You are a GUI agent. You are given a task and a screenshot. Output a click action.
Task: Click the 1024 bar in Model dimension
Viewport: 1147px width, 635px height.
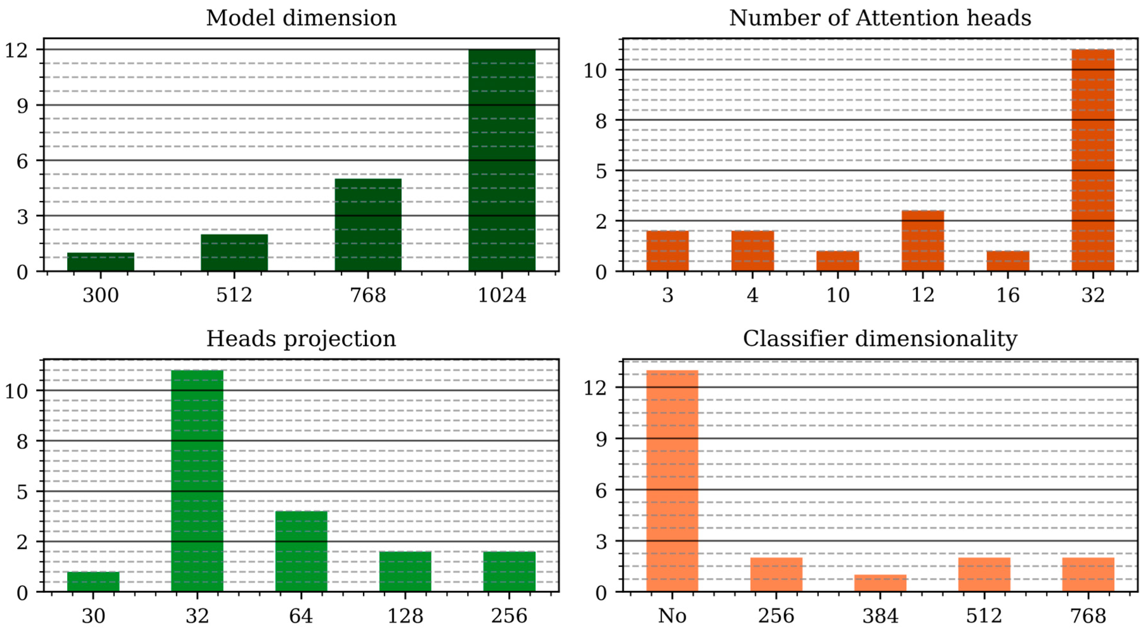click(502, 160)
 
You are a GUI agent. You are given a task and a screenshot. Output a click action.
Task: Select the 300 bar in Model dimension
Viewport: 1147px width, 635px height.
click(101, 262)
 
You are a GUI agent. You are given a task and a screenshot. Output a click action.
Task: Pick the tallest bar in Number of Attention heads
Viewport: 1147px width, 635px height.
click(1093, 160)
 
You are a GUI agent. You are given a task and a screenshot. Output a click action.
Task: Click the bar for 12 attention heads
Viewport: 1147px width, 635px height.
click(923, 241)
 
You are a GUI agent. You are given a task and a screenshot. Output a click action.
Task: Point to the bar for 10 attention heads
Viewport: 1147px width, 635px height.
click(838, 261)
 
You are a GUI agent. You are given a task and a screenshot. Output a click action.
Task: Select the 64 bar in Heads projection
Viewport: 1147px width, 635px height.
click(301, 551)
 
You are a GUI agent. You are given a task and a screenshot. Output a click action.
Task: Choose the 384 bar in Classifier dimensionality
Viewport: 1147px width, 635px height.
click(880, 583)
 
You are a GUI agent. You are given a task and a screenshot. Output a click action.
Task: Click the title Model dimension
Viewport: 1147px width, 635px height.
click(301, 18)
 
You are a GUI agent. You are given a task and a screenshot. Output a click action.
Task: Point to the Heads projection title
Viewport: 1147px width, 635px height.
click(301, 339)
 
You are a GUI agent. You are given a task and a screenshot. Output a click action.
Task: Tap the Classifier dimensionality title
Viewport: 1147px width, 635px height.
click(880, 339)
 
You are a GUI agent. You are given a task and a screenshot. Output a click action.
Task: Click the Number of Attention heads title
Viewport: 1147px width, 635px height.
click(880, 18)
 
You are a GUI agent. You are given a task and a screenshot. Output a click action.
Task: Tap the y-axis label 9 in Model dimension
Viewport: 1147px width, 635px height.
click(22, 106)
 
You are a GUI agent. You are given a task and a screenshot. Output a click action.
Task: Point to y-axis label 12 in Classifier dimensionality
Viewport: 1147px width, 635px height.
click(595, 388)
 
